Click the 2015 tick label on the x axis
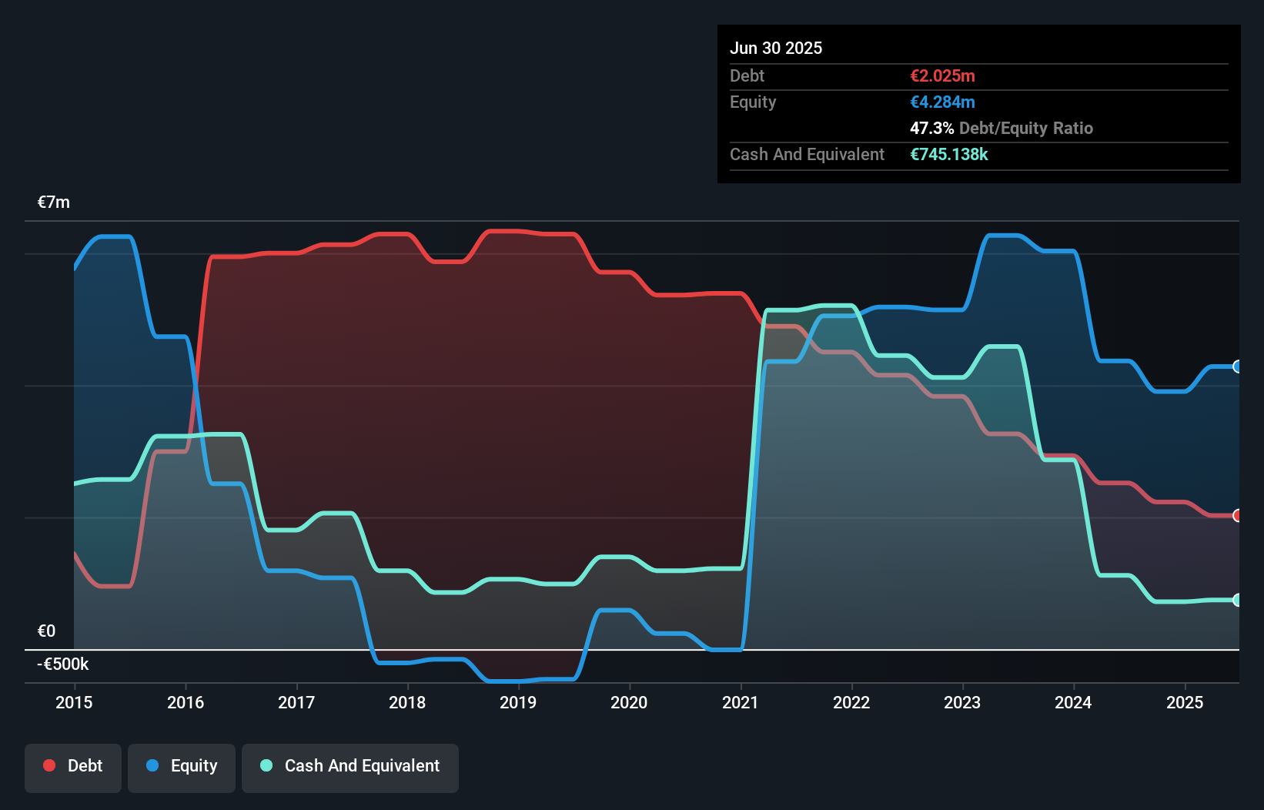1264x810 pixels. pos(74,702)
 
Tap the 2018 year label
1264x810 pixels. pos(407,702)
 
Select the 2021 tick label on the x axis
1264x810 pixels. pos(740,702)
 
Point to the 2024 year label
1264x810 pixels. pos(1073,702)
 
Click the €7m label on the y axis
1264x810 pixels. pos(54,202)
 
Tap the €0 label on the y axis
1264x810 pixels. pos(47,631)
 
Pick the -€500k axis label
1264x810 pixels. pos(63,664)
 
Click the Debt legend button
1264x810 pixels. pos(73,766)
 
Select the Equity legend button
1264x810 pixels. pos(182,766)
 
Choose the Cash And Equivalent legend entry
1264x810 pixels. pos(350,766)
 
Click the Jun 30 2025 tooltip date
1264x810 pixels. pos(776,48)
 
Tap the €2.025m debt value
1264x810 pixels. pos(942,75)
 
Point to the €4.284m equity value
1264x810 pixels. pos(942,102)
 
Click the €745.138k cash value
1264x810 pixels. pos(949,154)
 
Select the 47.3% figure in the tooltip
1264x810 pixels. pos(931,128)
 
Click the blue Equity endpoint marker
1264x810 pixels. pos(1237,367)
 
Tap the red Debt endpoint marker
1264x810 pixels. pos(1237,515)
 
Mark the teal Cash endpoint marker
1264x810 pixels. pos(1237,600)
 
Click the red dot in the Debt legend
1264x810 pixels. pos(49,765)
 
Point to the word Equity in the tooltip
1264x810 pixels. pos(753,102)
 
